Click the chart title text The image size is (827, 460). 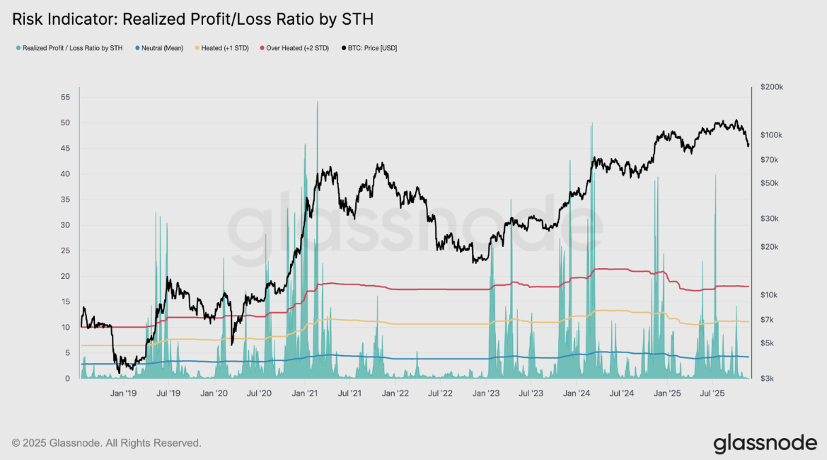192,20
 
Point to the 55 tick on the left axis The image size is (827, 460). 64,97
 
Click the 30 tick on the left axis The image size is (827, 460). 64,225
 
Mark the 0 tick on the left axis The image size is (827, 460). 67,379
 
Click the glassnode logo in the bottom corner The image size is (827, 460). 765,443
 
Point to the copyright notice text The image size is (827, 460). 107,443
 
